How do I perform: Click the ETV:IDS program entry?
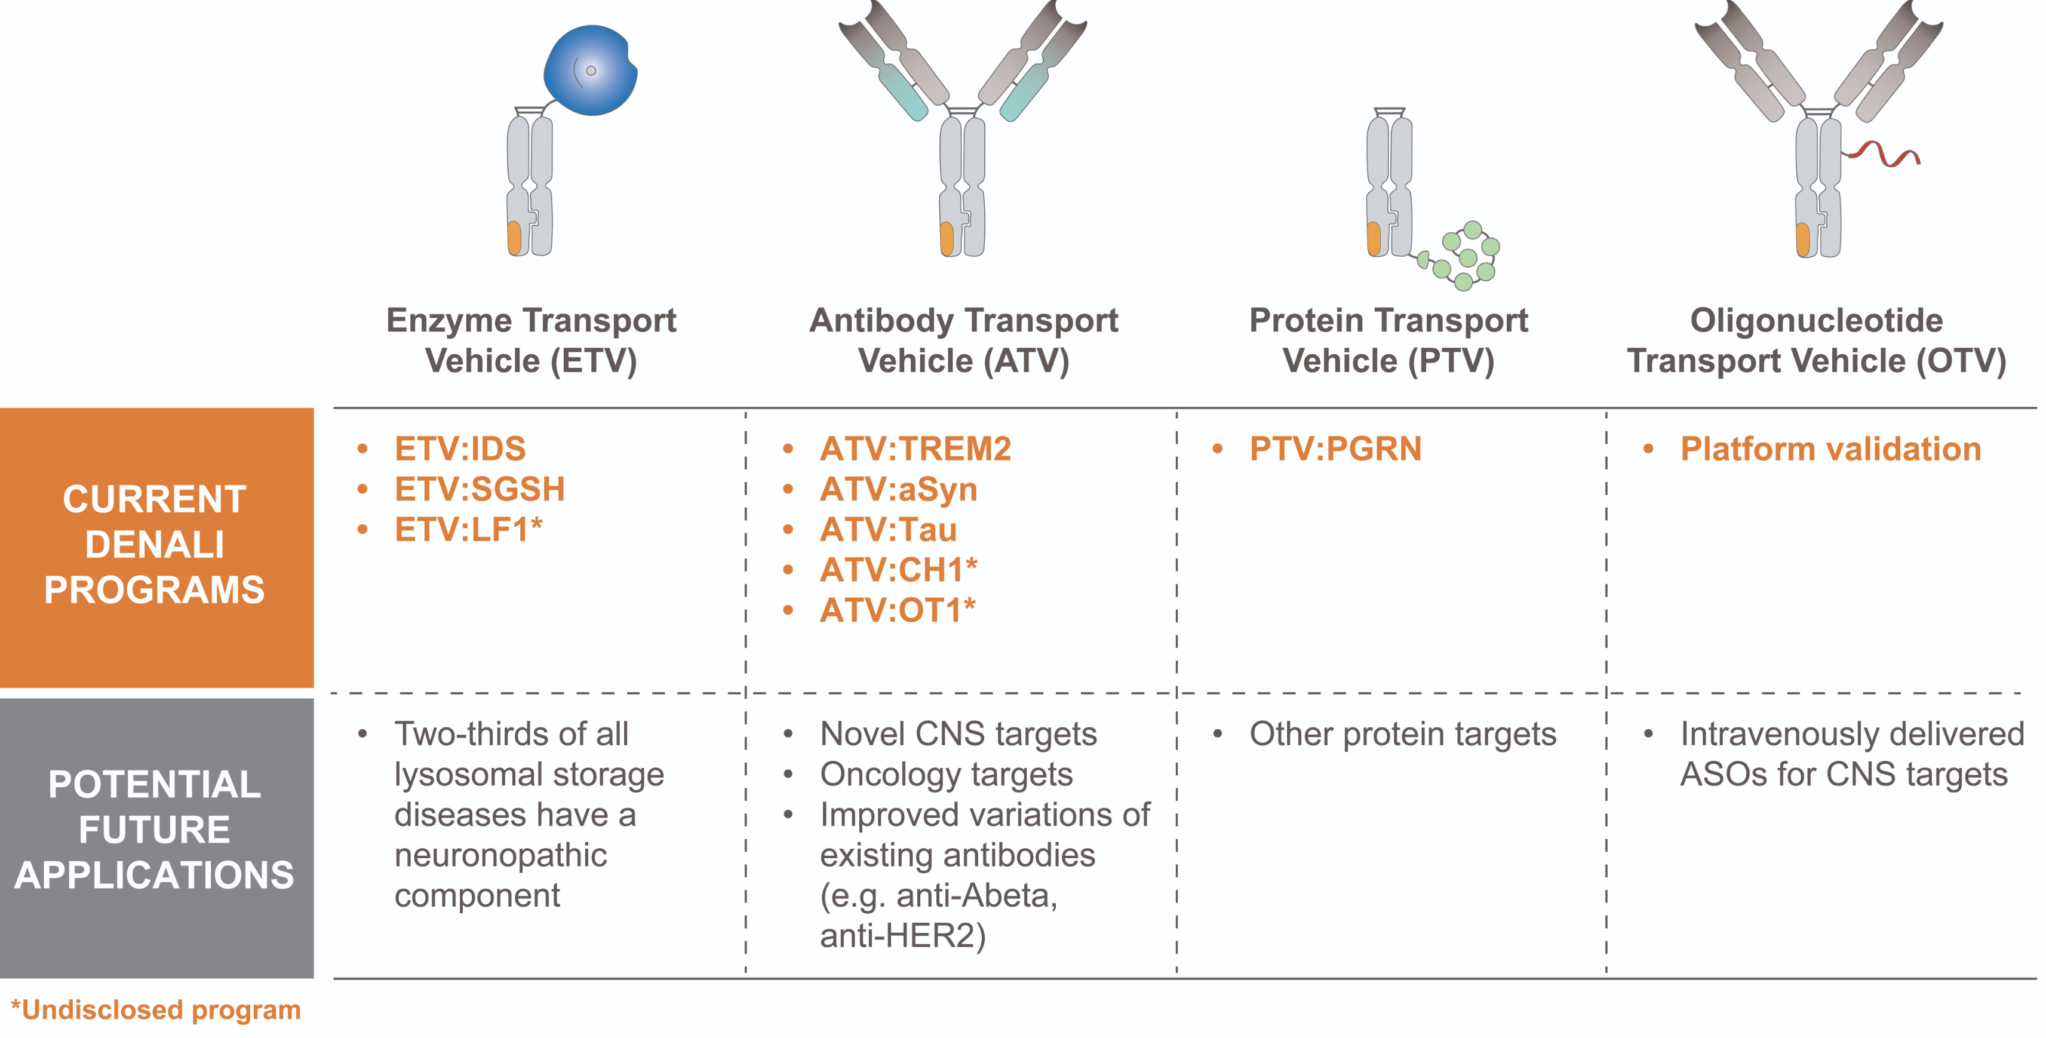[460, 449]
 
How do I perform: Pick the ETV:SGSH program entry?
[479, 489]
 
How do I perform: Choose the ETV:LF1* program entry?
[468, 530]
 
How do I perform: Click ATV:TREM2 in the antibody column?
[915, 449]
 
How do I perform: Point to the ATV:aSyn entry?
[898, 489]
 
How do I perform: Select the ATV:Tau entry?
[888, 530]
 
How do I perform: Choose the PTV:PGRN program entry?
[1335, 449]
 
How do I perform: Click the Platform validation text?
[1830, 449]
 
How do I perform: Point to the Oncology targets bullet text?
[946, 775]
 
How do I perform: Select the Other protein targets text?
[1403, 734]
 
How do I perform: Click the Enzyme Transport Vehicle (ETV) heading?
[532, 340]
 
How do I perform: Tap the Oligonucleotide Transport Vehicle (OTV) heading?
[1817, 340]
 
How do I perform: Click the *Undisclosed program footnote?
[156, 1009]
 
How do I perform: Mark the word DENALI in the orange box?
[155, 545]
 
